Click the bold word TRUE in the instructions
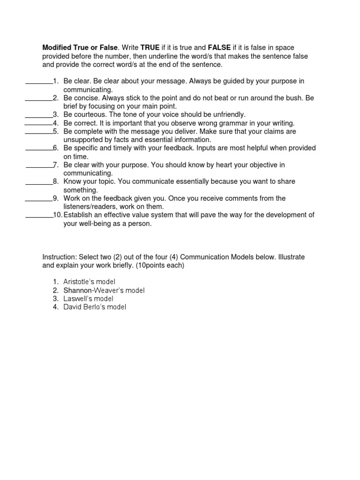point(150,48)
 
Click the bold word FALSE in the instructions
point(218,48)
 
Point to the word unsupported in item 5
point(82,140)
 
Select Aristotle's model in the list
point(89,282)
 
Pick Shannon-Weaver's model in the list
point(104,290)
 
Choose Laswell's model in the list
point(88,299)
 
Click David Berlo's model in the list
point(95,307)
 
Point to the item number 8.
point(55,181)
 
